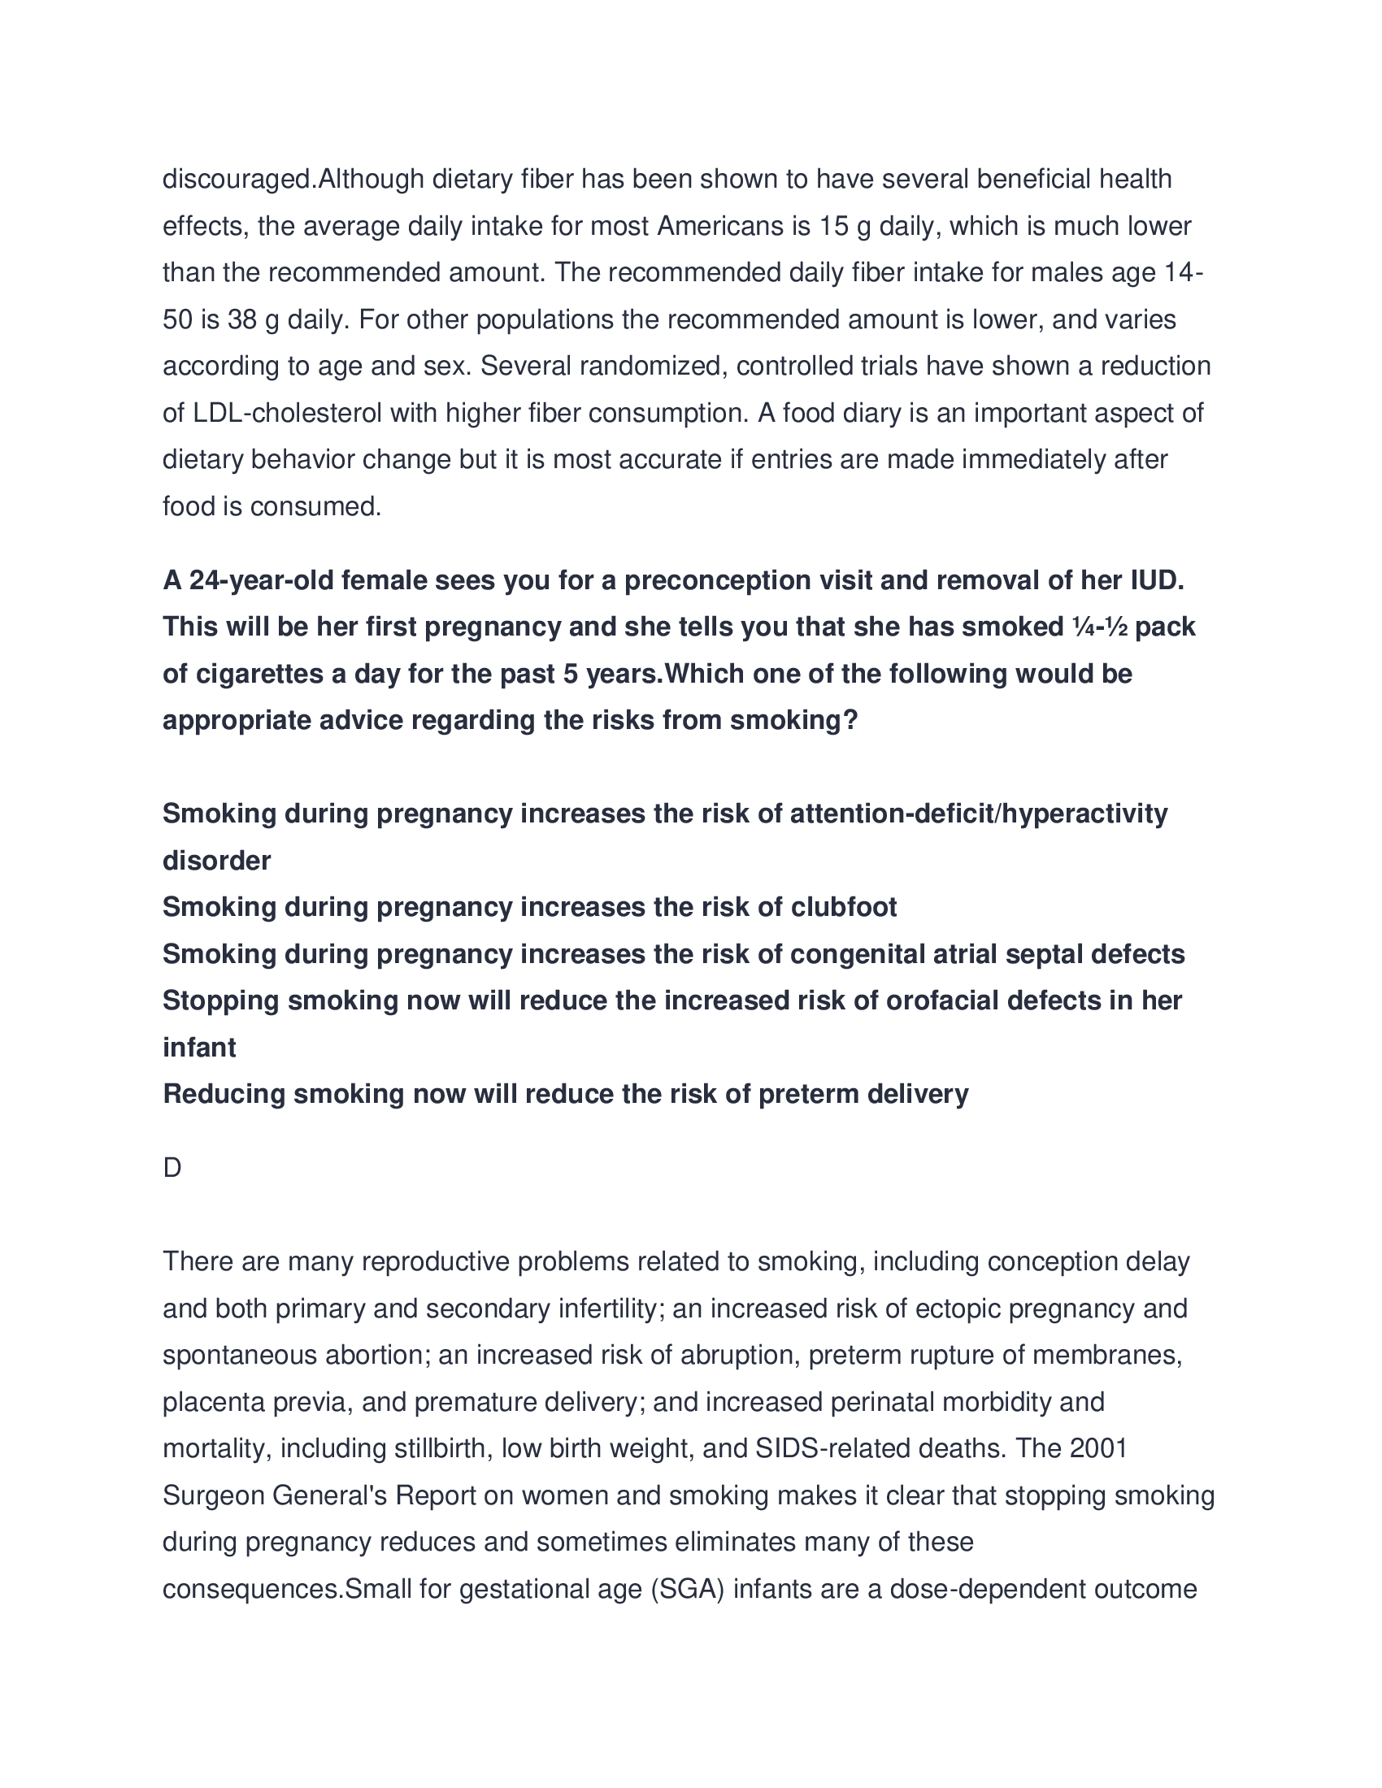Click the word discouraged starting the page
pyautogui.click(x=238, y=180)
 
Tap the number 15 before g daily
pyautogui.click(x=833, y=226)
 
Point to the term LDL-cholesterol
pyautogui.click(x=287, y=414)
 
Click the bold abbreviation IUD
pyautogui.click(x=1157, y=580)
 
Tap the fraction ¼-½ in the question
pyautogui.click(x=1100, y=627)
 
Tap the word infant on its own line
pyautogui.click(x=199, y=1048)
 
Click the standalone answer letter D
pyautogui.click(x=172, y=1168)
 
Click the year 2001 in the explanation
pyautogui.click(x=1099, y=1449)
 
